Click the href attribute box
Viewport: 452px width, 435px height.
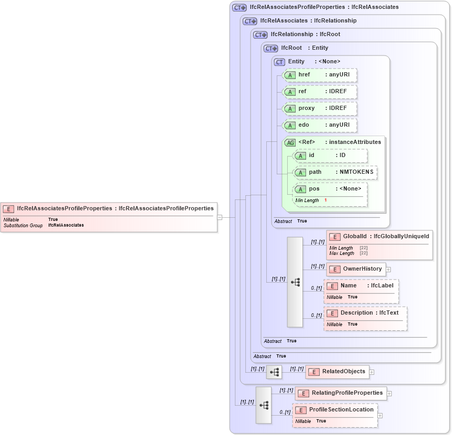click(319, 75)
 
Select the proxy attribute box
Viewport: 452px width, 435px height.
click(319, 108)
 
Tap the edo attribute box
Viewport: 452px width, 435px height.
click(319, 125)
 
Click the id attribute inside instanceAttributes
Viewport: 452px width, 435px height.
click(330, 155)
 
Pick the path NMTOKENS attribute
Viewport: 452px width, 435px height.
click(335, 172)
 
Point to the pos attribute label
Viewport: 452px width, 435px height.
click(314, 189)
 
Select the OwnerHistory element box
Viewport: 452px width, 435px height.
click(356, 269)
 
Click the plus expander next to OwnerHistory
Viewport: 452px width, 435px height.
click(389, 270)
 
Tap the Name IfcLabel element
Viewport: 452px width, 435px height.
click(361, 286)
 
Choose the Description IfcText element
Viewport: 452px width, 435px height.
click(365, 313)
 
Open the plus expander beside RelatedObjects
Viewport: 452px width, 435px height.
click(372, 372)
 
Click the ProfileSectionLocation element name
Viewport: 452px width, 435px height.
click(341, 409)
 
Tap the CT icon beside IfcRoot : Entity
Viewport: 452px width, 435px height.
click(270, 48)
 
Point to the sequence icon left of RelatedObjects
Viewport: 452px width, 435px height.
click(274, 372)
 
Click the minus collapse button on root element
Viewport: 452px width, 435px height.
click(220, 217)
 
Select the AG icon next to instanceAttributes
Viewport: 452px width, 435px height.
click(289, 142)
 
